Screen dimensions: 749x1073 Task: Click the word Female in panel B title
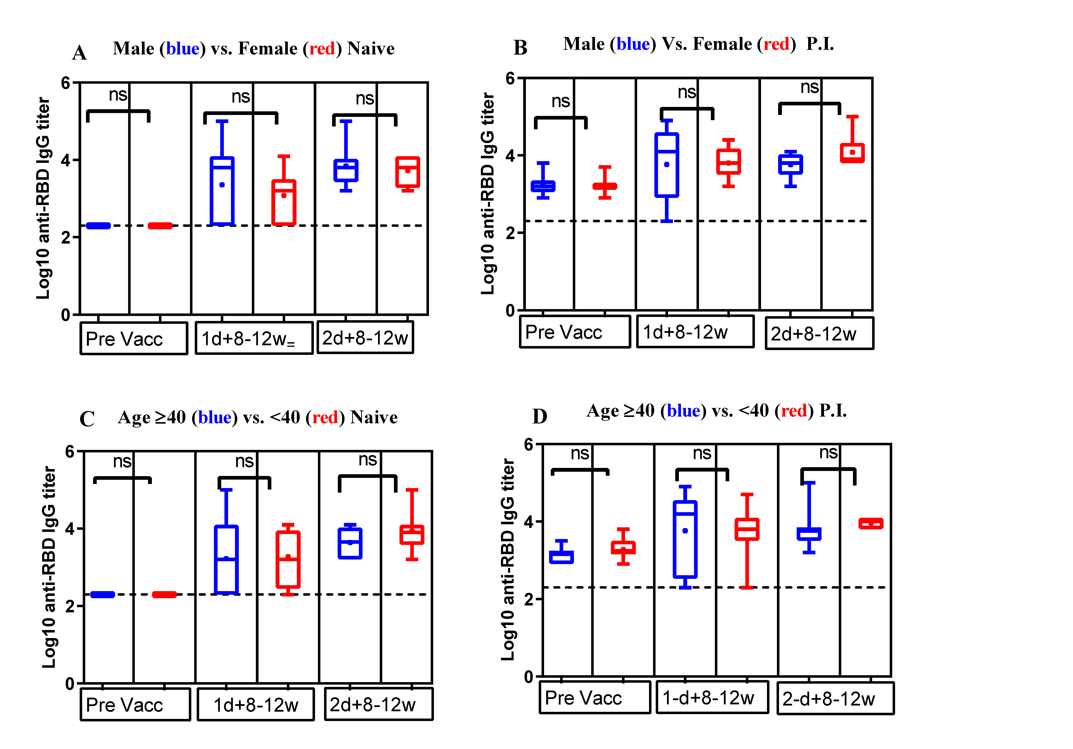pyautogui.click(x=722, y=44)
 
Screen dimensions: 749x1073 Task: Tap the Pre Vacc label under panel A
pyautogui.click(x=124, y=339)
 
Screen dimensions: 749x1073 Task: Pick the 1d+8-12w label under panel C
pyautogui.click(x=256, y=705)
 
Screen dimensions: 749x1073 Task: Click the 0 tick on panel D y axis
pyautogui.click(x=529, y=677)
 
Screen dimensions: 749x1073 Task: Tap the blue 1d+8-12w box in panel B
pyautogui.click(x=666, y=165)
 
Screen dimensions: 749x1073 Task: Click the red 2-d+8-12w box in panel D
pyautogui.click(x=871, y=523)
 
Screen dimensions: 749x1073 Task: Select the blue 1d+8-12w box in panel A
pyautogui.click(x=222, y=191)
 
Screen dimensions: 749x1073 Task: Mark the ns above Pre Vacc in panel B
pyautogui.click(x=560, y=101)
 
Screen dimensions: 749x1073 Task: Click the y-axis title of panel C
pyautogui.click(x=49, y=567)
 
